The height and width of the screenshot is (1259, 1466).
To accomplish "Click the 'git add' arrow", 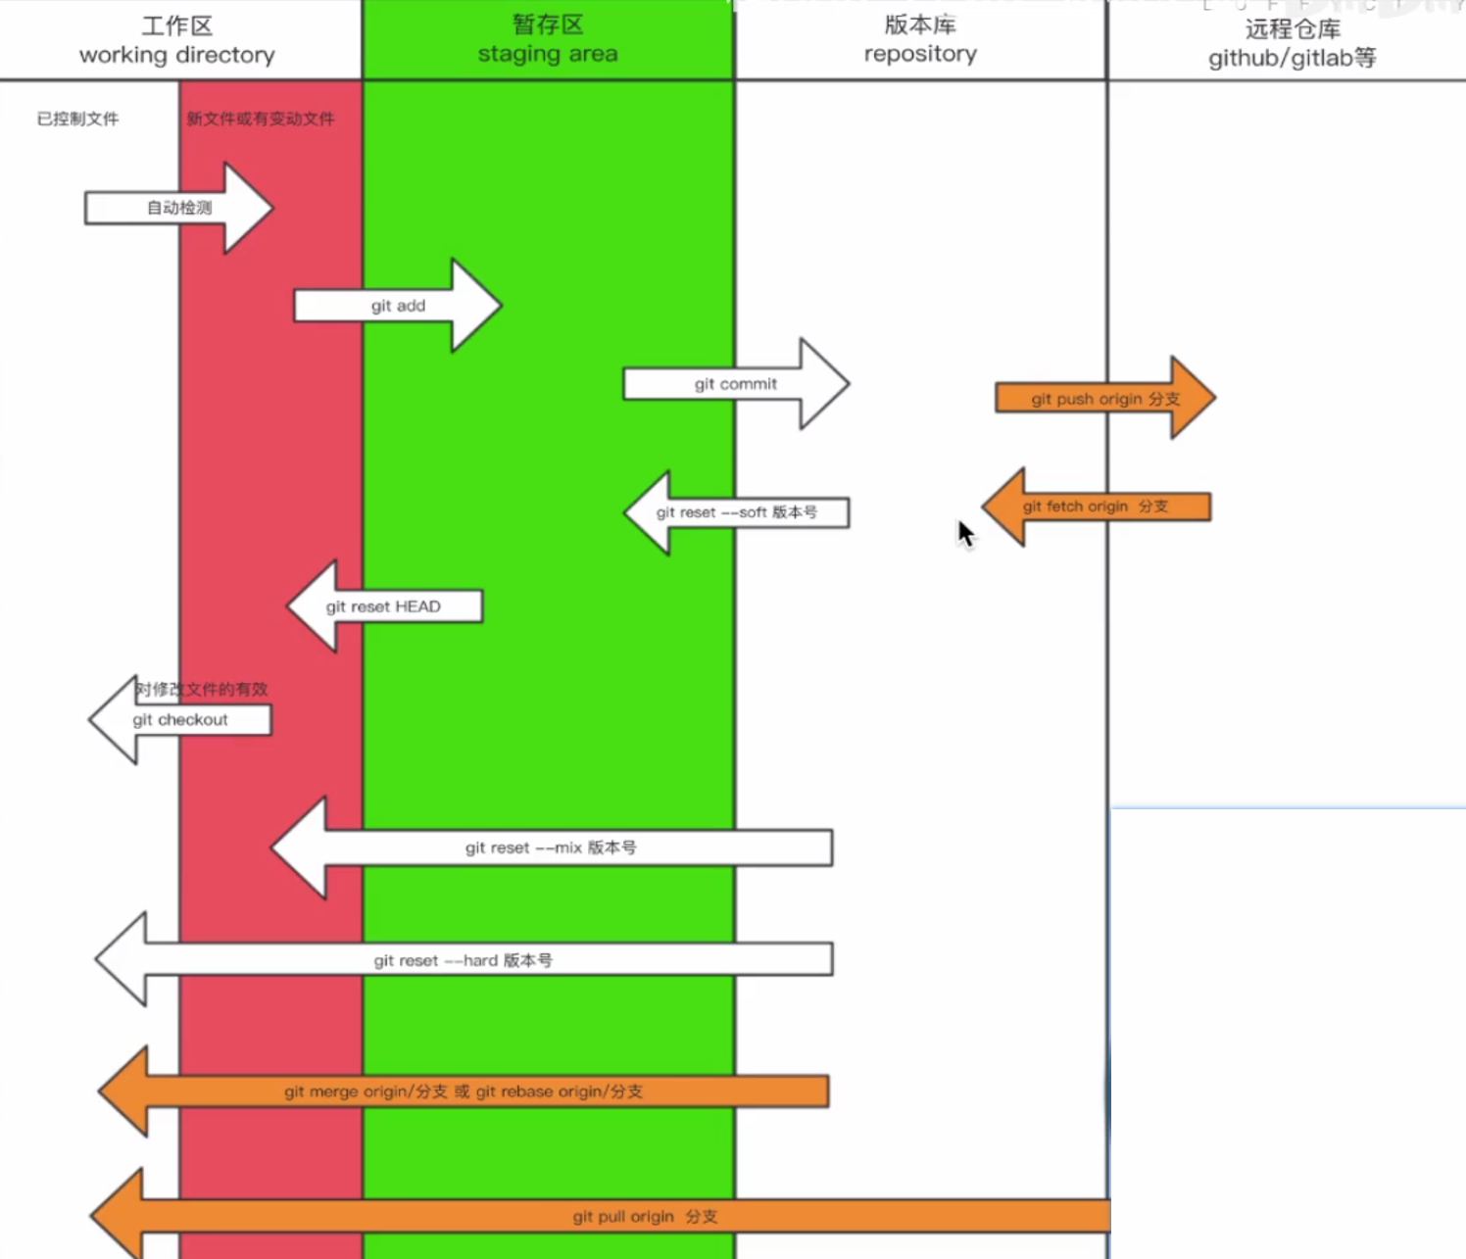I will tap(398, 306).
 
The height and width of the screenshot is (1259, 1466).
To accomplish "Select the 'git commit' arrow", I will tap(735, 384).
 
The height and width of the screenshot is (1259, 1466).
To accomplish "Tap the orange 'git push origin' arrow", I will tap(1104, 399).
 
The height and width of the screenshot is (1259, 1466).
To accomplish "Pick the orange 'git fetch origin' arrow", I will tap(1096, 507).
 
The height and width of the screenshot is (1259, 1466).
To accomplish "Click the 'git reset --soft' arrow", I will tap(736, 512).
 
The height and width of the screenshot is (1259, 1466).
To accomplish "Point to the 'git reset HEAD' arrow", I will tap(383, 606).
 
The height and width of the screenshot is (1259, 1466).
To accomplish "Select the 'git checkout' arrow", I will tap(180, 720).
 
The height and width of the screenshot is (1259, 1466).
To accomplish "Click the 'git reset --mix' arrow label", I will tap(551, 847).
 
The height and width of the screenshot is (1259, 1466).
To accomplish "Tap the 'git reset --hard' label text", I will tap(463, 960).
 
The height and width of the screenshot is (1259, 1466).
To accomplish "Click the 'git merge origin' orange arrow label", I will tap(463, 1091).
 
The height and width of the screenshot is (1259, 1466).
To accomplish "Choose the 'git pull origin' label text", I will tap(645, 1217).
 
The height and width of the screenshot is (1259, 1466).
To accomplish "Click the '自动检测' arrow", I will tap(179, 208).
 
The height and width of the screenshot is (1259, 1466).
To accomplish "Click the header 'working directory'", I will tap(176, 55).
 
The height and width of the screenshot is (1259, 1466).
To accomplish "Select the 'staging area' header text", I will tap(548, 54).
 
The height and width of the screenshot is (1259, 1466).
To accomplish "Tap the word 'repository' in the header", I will tap(920, 54).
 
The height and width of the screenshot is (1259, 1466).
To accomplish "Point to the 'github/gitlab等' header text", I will tap(1292, 58).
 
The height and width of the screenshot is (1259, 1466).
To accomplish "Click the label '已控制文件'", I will tap(77, 119).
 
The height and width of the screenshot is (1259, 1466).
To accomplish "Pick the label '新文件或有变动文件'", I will tap(261, 119).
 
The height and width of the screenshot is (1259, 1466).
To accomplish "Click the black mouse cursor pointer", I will tap(966, 534).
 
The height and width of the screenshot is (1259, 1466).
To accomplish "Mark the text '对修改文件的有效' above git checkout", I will tap(202, 689).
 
